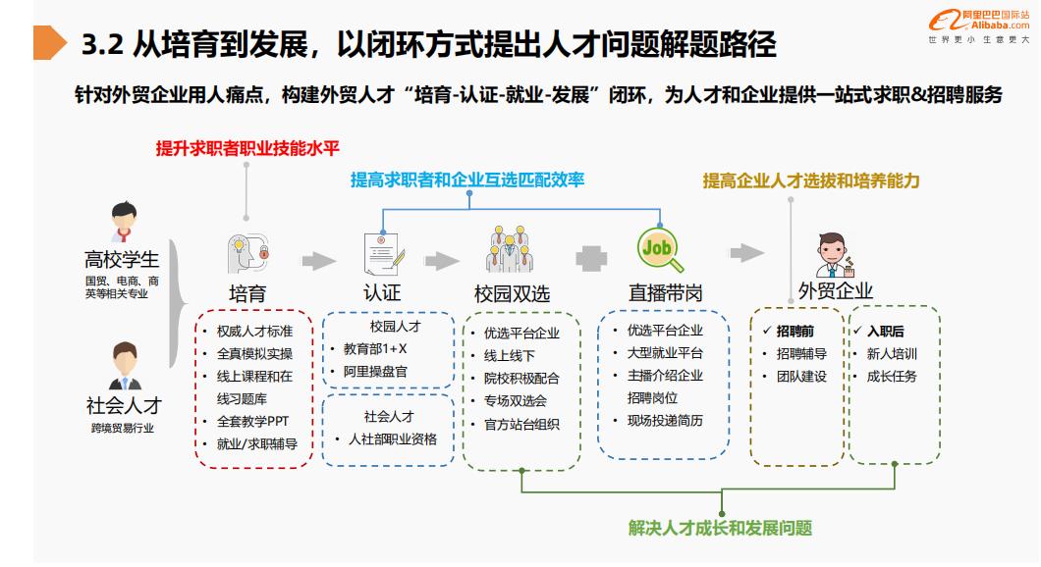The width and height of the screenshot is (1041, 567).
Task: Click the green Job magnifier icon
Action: point(657,250)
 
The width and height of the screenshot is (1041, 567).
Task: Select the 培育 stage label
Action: point(247,293)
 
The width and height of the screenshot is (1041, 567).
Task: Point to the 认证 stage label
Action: point(381,293)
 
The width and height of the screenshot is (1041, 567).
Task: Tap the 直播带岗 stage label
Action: point(665,293)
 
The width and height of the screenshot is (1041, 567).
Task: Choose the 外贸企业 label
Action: point(836,290)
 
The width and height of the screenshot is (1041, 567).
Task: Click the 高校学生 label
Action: point(122,260)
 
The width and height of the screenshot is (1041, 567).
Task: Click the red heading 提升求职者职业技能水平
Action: point(247,148)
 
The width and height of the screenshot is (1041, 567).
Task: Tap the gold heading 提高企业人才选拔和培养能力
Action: point(811,180)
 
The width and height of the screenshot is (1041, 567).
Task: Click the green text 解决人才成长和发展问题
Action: point(720,528)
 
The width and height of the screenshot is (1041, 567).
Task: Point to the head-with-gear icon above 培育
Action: point(247,252)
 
